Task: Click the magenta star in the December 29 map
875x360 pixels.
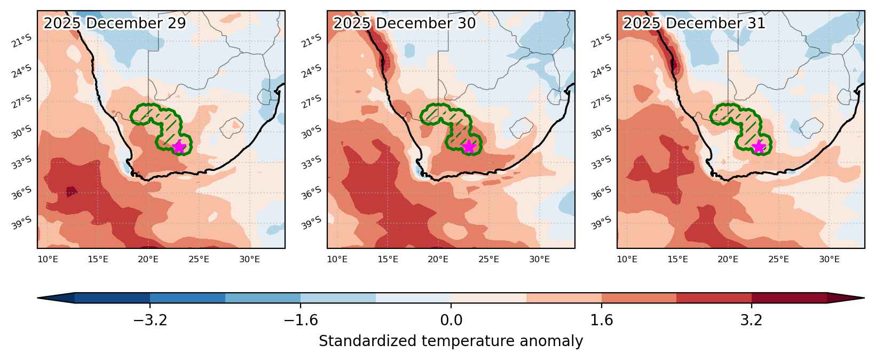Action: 178,147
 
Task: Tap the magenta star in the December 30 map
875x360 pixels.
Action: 468,147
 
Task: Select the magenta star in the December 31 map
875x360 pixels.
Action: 758,147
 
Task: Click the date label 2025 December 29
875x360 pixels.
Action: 114,23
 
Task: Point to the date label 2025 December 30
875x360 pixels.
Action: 404,23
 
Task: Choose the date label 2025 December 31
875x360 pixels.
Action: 693,23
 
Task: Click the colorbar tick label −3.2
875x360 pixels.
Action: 150,320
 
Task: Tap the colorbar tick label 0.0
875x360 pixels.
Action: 451,320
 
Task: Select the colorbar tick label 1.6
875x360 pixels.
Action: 602,320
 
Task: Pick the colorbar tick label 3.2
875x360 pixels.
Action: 752,320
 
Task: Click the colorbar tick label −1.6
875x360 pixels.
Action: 301,320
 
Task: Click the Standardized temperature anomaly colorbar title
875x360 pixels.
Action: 451,341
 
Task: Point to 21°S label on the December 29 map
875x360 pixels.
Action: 22,41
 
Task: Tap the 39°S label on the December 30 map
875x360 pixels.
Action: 312,223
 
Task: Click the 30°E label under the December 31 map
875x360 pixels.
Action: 829,259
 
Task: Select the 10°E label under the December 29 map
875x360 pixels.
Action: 48,259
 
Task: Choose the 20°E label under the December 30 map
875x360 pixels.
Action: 438,259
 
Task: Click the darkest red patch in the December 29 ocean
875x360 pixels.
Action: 72,192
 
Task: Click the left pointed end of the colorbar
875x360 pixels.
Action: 38,298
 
